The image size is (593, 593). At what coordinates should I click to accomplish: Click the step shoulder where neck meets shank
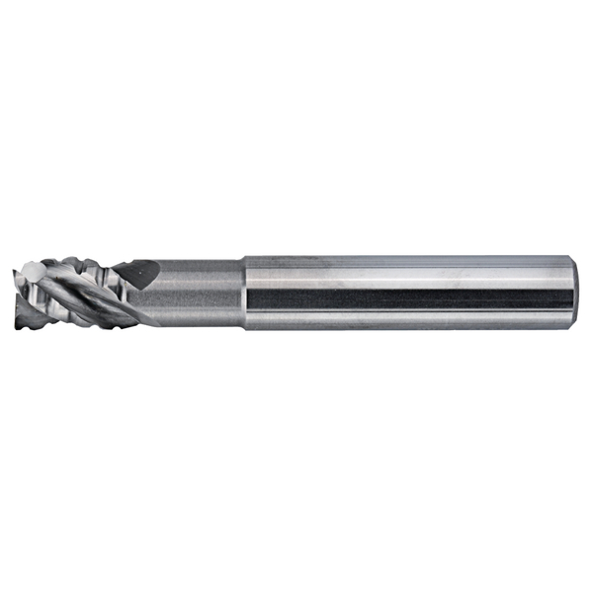coord(243,293)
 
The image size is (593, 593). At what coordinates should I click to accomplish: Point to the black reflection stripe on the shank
coord(405,297)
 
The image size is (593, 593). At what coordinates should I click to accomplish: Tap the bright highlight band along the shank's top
coord(405,266)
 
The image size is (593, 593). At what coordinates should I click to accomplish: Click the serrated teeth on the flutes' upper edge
coord(79,263)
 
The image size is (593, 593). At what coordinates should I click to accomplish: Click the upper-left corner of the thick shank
coord(244,257)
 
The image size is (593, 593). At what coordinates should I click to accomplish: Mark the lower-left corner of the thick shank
coord(244,329)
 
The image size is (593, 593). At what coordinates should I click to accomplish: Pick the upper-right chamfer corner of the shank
coord(569,258)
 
